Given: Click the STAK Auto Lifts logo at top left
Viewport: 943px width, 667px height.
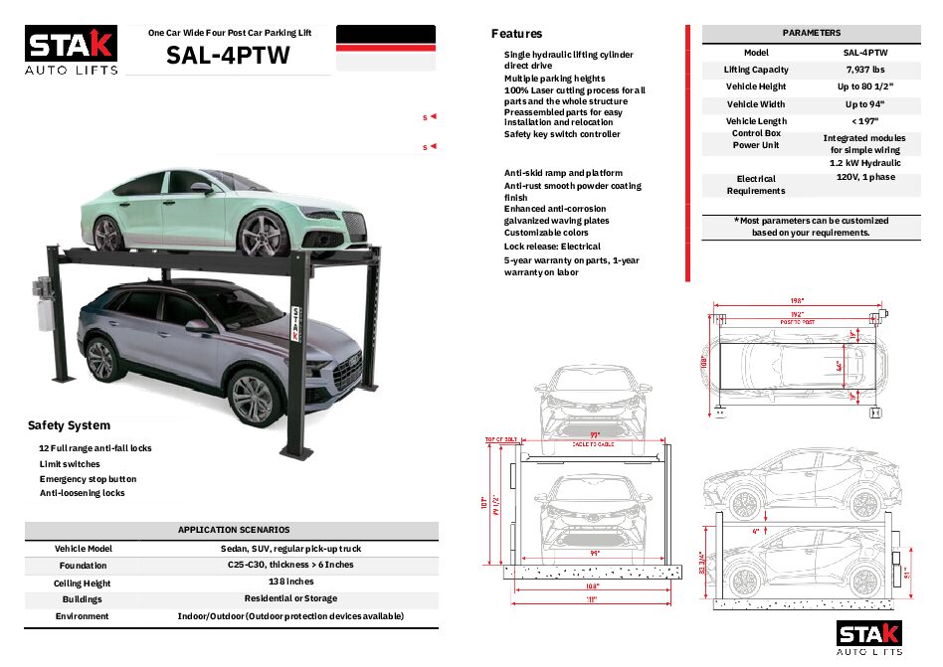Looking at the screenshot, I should (71, 50).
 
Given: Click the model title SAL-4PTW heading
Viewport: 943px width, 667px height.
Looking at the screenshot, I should (229, 56).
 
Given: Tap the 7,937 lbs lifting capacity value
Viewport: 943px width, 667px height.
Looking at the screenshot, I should (865, 70).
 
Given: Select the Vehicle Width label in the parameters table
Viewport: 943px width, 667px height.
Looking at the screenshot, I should (756, 104).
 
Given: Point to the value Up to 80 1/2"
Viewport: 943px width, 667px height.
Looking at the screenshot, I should (865, 86).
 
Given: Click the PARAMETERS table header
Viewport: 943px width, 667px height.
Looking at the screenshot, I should (811, 33).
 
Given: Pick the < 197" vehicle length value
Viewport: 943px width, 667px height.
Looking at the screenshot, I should (865, 121).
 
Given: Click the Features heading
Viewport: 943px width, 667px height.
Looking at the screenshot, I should (517, 34).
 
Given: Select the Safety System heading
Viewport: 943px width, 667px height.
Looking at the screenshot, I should (69, 425).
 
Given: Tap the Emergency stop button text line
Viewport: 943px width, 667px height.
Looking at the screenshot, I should (88, 479).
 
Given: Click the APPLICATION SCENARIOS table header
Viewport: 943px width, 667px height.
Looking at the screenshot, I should (234, 530).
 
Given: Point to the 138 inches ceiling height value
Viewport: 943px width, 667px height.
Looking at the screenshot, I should (291, 582).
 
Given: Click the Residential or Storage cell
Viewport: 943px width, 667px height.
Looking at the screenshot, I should (291, 598).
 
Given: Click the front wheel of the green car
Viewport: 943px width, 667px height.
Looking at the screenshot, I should (263, 239).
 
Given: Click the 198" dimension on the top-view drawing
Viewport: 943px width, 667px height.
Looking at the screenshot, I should (796, 301).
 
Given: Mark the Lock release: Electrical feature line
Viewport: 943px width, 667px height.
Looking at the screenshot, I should (552, 247).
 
